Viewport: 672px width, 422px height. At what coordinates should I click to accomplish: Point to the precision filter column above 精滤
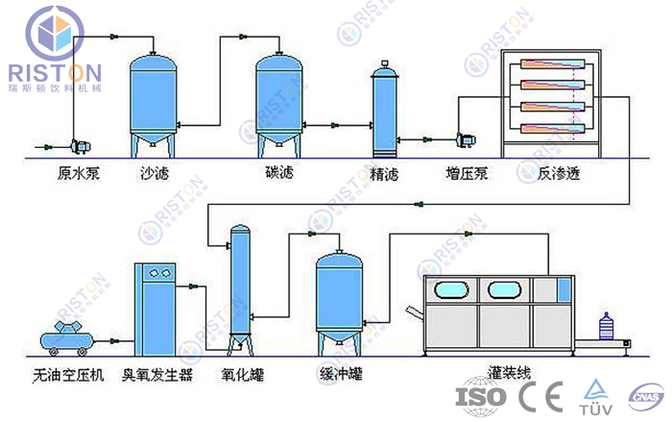click(385, 111)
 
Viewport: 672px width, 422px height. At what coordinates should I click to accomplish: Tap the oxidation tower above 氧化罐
click(240, 288)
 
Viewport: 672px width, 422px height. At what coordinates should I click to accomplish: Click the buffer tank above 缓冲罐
click(342, 298)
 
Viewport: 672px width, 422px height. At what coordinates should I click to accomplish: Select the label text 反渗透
click(559, 174)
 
